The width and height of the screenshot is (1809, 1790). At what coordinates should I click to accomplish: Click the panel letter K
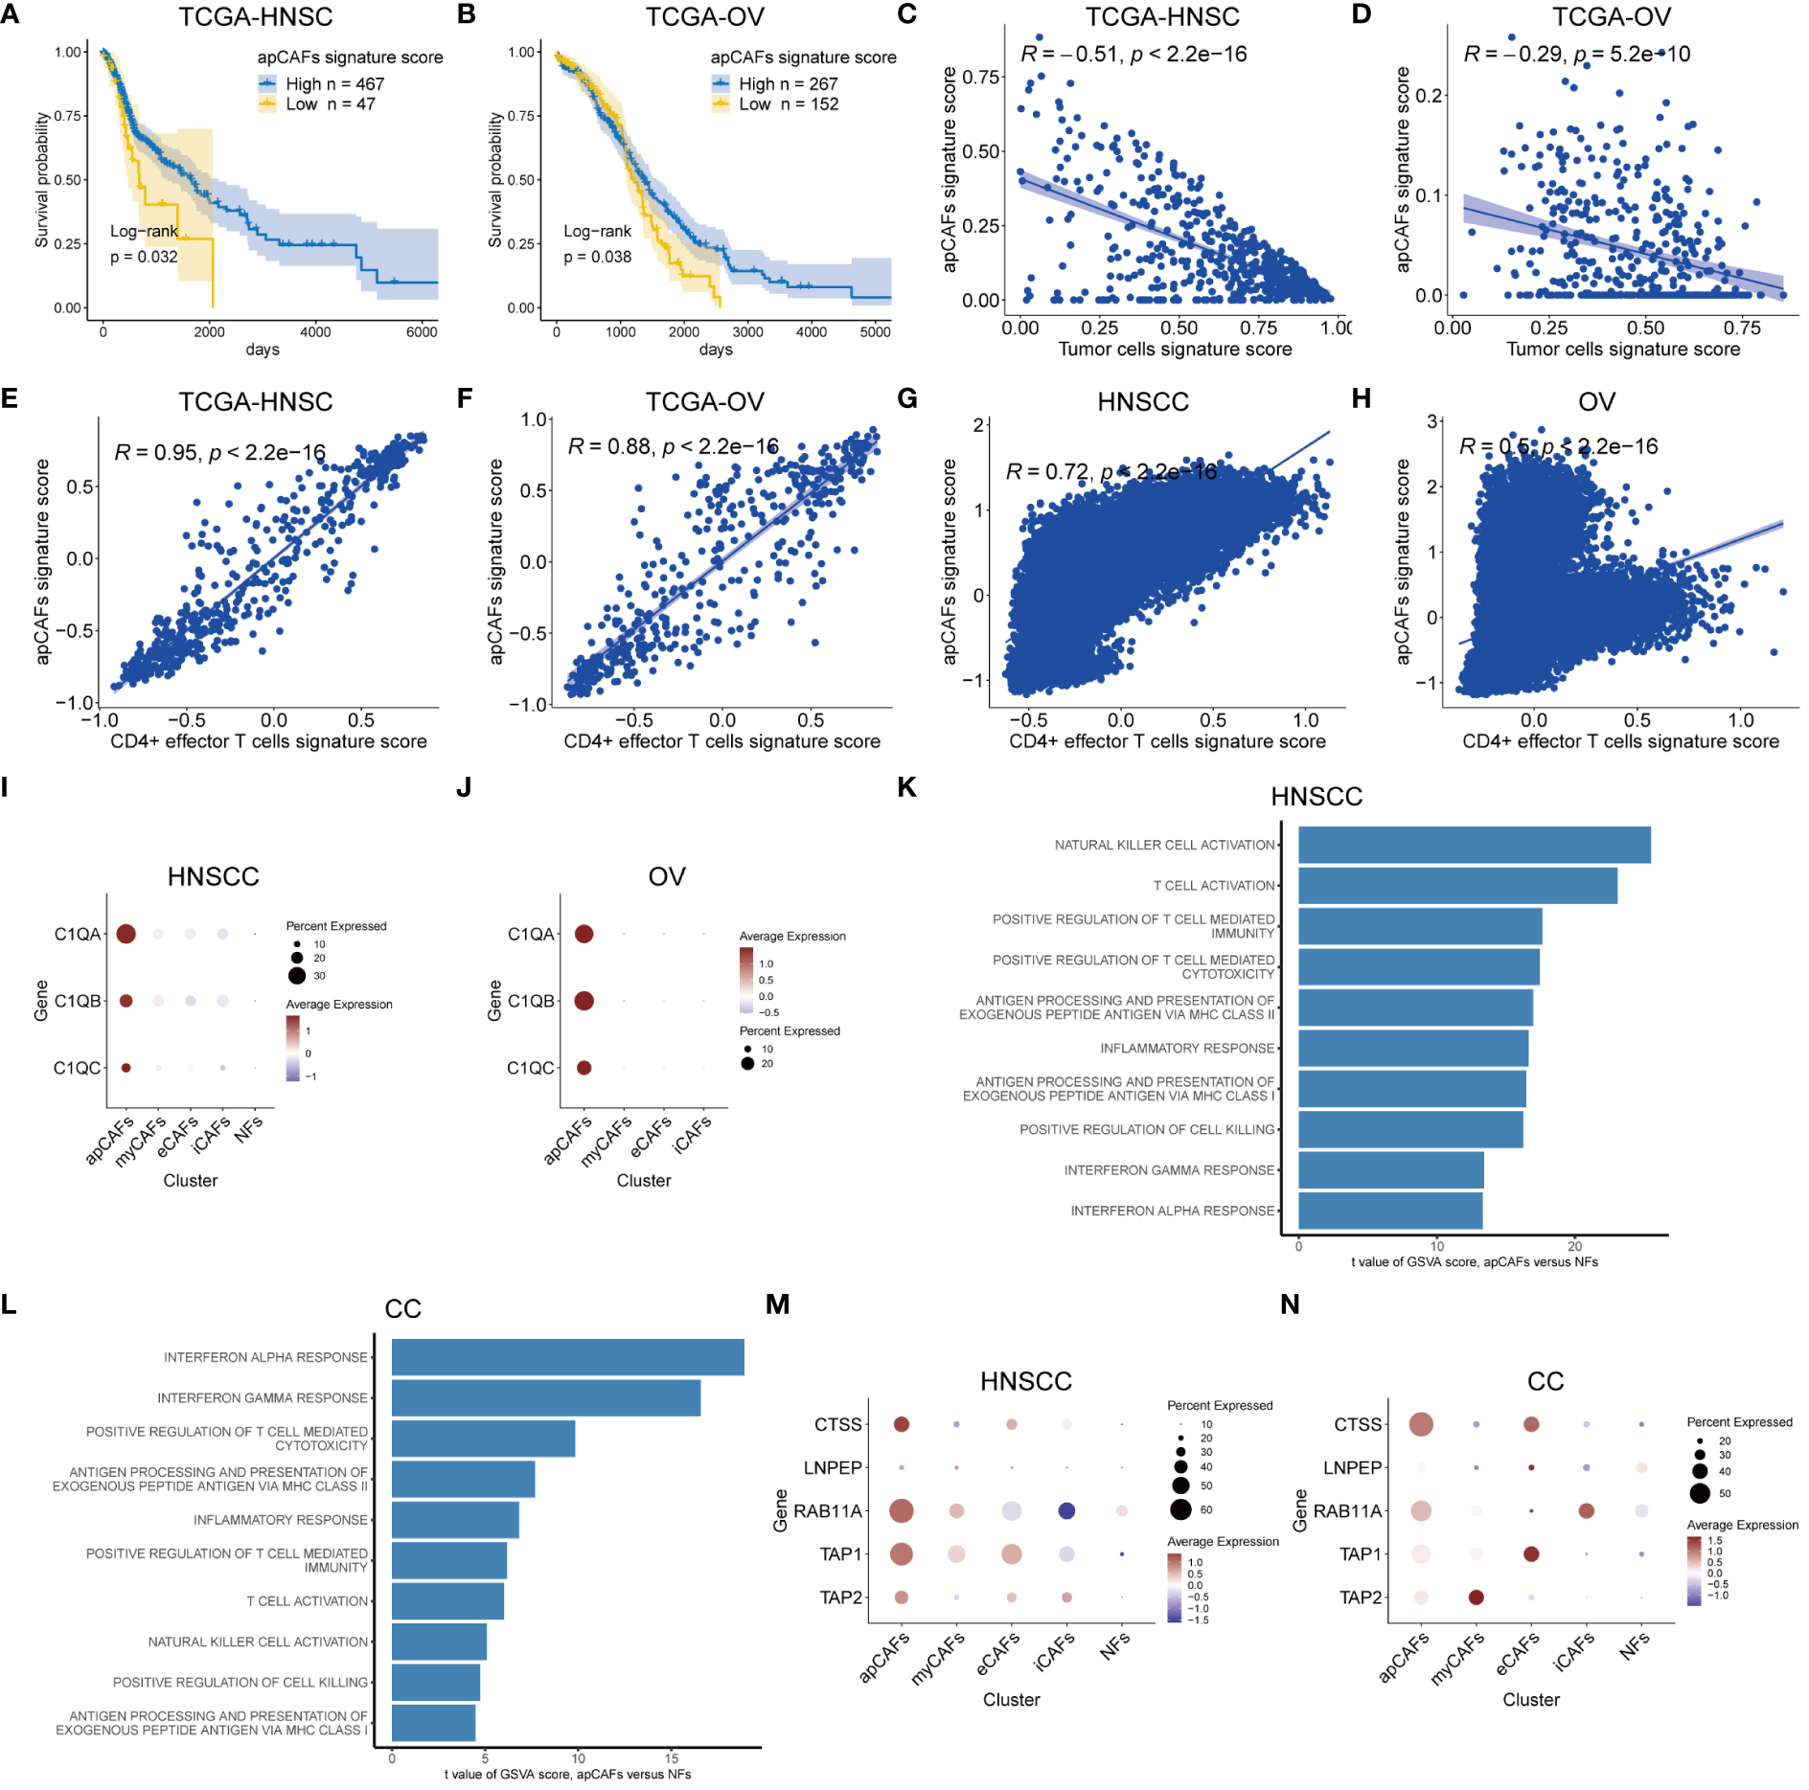coord(905,787)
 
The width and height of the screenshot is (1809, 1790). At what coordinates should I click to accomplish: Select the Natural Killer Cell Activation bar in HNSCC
coord(1474,845)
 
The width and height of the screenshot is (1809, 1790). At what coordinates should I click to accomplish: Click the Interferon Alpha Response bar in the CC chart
coord(567,1357)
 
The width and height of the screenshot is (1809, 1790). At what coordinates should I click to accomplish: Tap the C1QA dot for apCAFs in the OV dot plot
coord(584,934)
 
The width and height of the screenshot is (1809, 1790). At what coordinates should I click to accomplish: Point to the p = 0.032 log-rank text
coord(144,257)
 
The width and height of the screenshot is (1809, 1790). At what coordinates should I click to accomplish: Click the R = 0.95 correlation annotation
coord(220,452)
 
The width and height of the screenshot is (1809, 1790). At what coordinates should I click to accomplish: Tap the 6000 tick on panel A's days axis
coord(422,332)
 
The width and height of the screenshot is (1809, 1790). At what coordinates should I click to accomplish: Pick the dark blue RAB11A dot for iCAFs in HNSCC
coord(1066,1510)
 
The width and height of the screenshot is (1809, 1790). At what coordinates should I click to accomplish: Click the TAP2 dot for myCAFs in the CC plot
coord(1476,1597)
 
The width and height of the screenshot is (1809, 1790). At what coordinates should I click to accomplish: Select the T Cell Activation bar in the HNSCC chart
coord(1457,885)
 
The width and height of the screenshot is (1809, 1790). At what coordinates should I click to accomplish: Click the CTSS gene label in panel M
coord(838,1425)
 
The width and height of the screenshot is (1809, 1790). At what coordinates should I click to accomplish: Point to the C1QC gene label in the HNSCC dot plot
coord(77,1068)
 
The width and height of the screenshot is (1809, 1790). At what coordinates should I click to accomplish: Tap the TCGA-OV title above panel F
coord(704,401)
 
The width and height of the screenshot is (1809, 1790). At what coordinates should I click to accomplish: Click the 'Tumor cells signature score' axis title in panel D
coord(1622,350)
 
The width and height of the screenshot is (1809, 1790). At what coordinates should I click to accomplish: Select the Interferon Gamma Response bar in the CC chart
coord(545,1397)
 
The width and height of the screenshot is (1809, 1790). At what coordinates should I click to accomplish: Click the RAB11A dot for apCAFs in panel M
coord(901,1510)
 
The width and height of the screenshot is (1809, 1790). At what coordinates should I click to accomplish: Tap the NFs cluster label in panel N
coord(1635,1646)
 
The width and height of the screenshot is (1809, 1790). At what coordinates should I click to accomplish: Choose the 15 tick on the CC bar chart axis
coord(672,1758)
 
